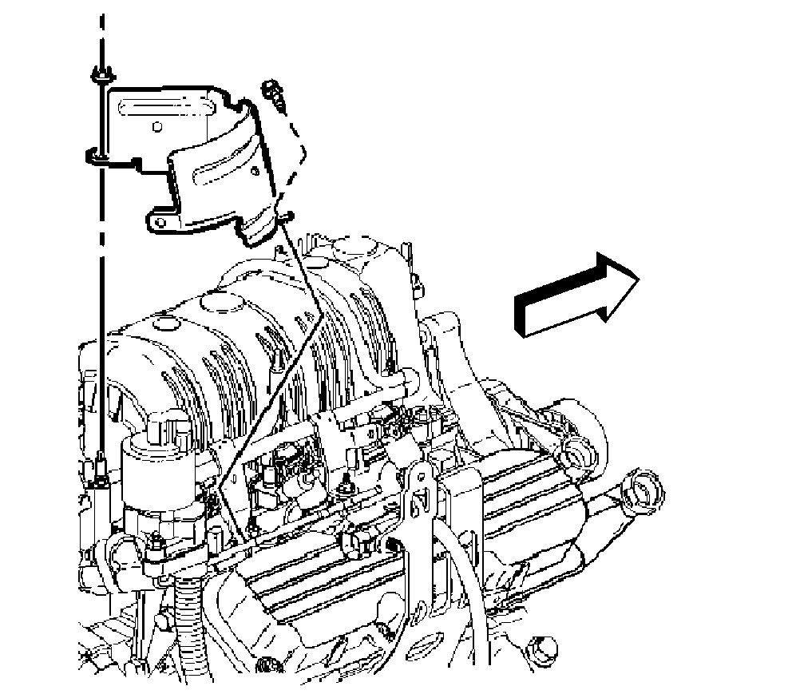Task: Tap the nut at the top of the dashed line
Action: click(100, 76)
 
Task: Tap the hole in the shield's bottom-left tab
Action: click(158, 217)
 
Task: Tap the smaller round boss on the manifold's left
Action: click(165, 323)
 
